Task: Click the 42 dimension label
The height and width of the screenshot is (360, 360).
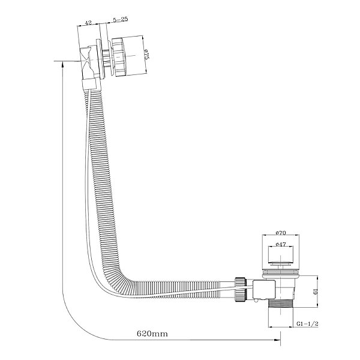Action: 88,23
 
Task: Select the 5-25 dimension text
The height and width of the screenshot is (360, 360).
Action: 121,20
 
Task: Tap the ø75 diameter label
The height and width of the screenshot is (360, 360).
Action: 147,55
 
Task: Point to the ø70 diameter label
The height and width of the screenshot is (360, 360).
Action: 281,233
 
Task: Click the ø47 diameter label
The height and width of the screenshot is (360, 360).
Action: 281,245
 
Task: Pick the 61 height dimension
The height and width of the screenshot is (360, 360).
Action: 316,292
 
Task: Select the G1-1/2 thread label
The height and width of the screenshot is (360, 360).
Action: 307,324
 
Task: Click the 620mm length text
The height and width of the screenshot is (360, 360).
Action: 152,333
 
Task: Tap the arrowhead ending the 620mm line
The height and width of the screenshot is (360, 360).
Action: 277,340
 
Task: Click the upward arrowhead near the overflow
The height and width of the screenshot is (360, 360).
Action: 62,65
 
